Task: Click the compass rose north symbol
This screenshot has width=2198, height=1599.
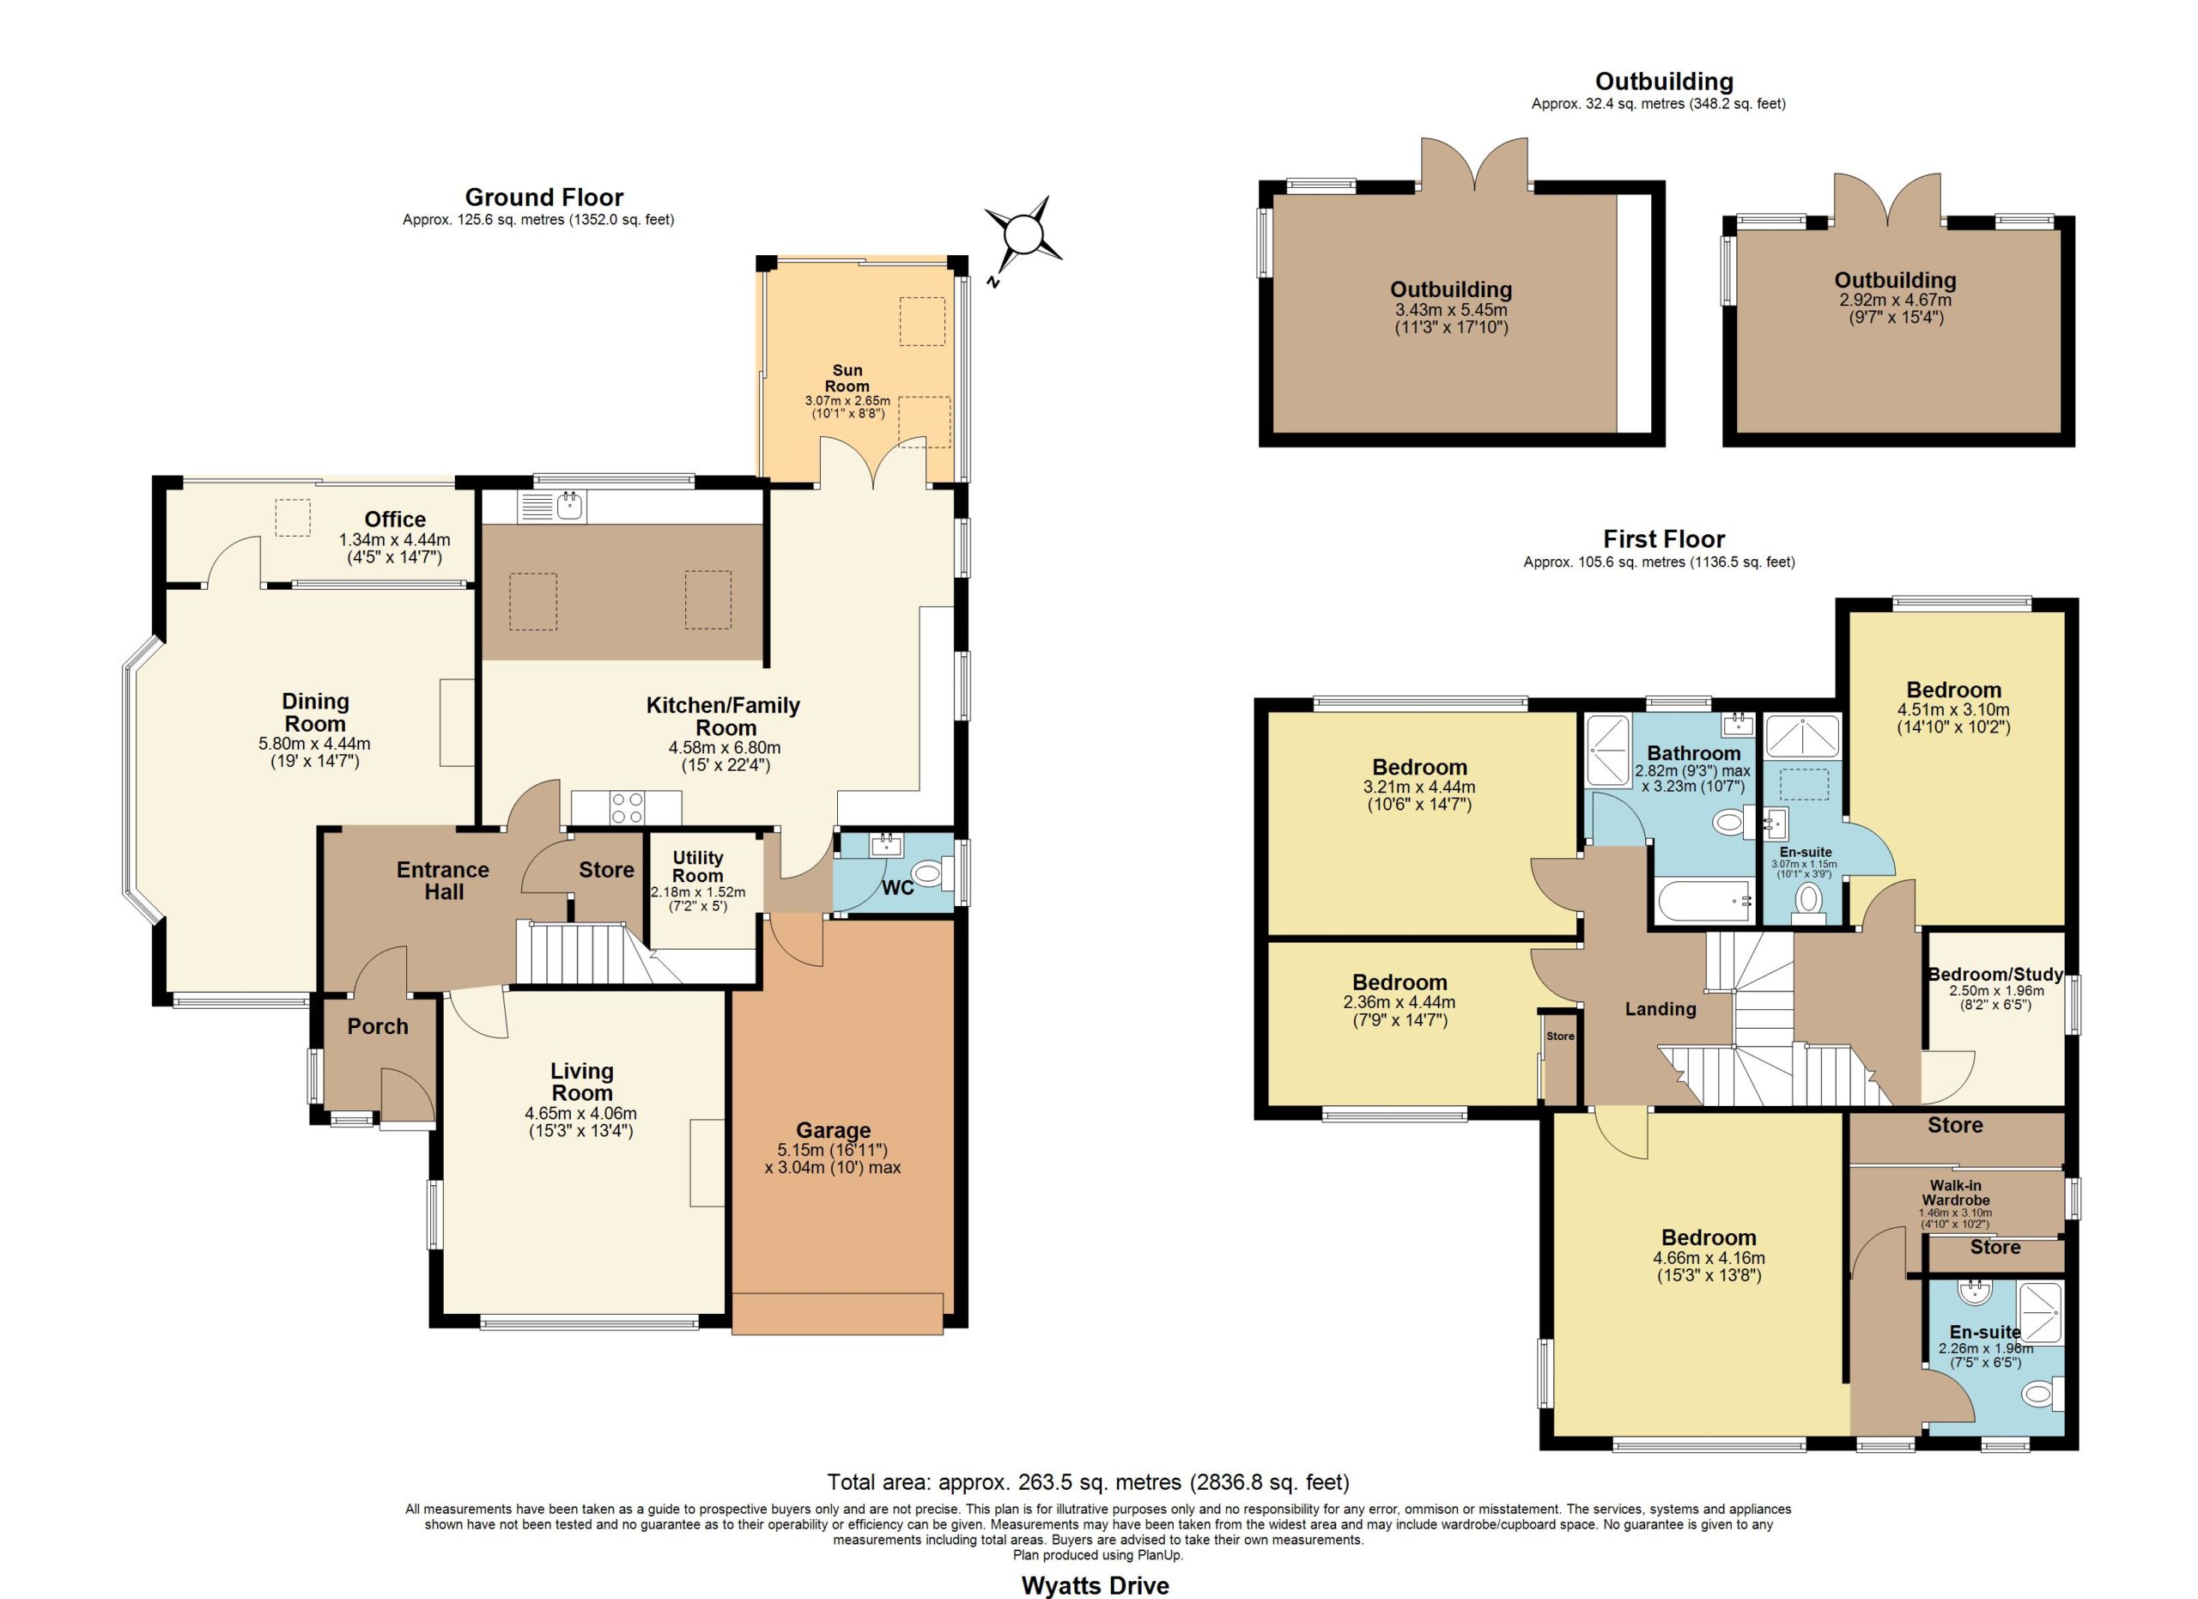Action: [x=1023, y=235]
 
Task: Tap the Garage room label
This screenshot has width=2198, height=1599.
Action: [x=834, y=1130]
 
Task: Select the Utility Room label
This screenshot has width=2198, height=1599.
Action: [x=698, y=866]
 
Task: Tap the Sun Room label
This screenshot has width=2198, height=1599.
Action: [x=847, y=378]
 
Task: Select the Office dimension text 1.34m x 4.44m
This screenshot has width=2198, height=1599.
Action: [x=394, y=541]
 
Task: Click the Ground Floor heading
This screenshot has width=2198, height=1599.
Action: [x=543, y=198]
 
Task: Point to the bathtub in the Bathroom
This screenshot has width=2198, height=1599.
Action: [x=1707, y=901]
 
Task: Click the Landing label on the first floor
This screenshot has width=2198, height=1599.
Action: [x=1661, y=1010]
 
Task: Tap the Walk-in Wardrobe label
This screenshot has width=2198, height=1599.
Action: [x=1955, y=1192]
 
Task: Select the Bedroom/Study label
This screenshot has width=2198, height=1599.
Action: [x=1995, y=974]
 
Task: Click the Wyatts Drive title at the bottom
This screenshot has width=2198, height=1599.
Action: [x=1095, y=1585]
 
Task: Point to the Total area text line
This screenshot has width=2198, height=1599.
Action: [x=1087, y=1481]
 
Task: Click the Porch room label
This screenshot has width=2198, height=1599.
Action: [x=378, y=1026]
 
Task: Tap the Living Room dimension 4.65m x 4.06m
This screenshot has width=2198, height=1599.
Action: [x=580, y=1114]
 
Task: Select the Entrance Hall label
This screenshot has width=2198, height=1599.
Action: [x=443, y=881]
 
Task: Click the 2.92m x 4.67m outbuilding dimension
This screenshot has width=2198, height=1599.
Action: [x=1896, y=301]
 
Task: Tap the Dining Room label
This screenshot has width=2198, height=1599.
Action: [x=315, y=712]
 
